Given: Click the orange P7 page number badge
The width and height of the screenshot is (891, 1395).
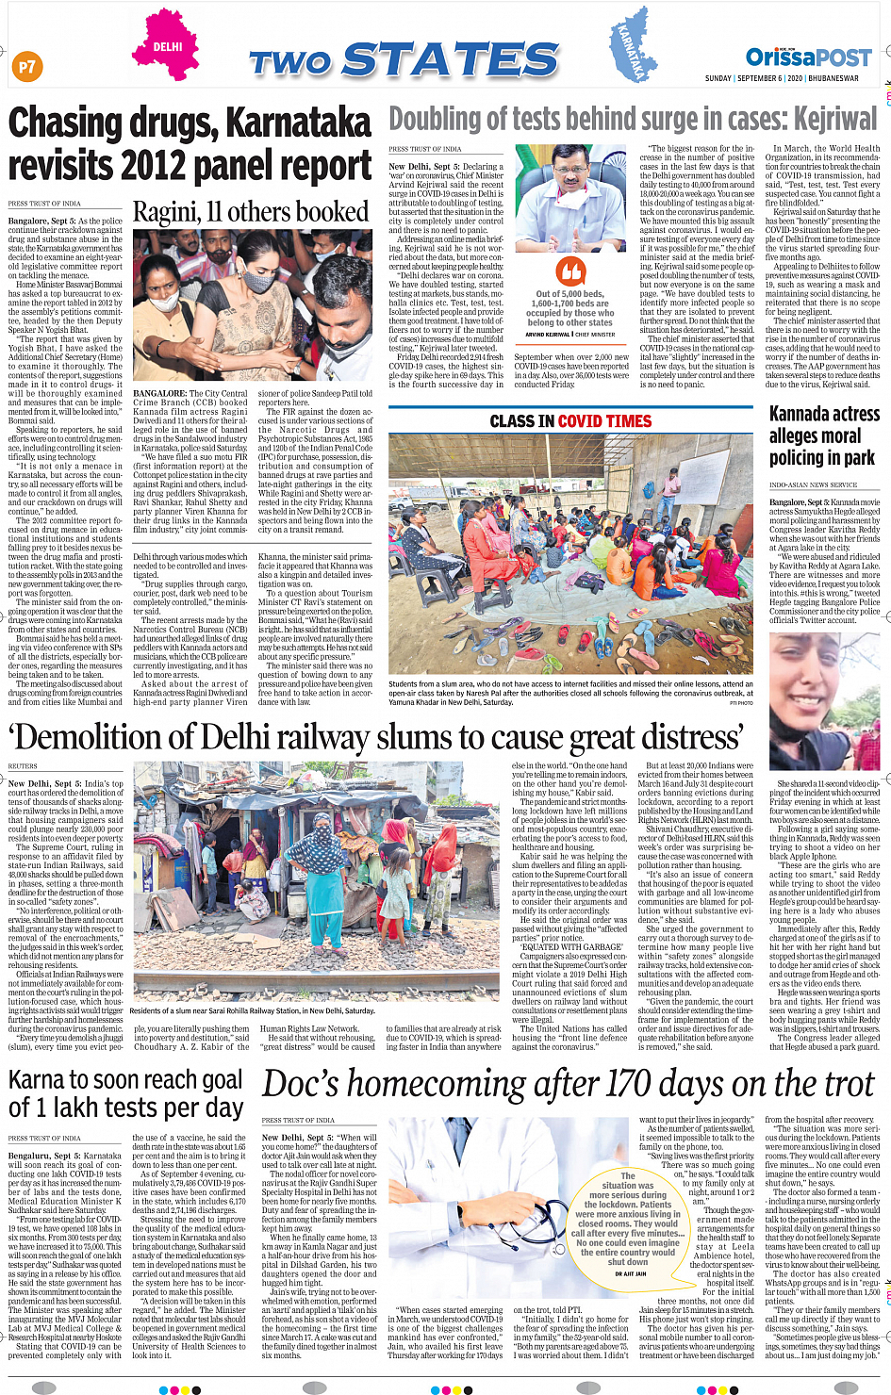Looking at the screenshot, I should click(27, 66).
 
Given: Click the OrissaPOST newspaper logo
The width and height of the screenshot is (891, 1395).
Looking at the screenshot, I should click(809, 57).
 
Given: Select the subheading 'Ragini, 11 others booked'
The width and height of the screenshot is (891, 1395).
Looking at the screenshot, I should click(250, 213).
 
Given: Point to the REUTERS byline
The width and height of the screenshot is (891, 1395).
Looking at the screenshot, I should click(23, 766).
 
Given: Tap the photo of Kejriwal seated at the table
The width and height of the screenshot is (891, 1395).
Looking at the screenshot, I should click(571, 198).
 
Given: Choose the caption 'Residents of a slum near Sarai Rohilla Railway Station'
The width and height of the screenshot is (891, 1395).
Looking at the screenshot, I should click(255, 1011).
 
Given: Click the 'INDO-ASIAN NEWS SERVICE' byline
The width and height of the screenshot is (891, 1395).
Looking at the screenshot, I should click(814, 484).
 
